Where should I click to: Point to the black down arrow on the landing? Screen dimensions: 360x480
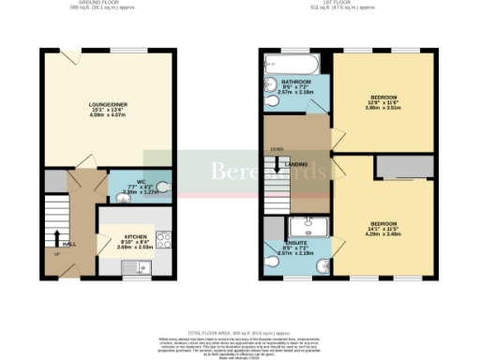point(278,163)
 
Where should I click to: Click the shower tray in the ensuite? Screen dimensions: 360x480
point(307,226)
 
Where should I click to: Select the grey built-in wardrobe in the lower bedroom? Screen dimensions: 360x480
point(404,167)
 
